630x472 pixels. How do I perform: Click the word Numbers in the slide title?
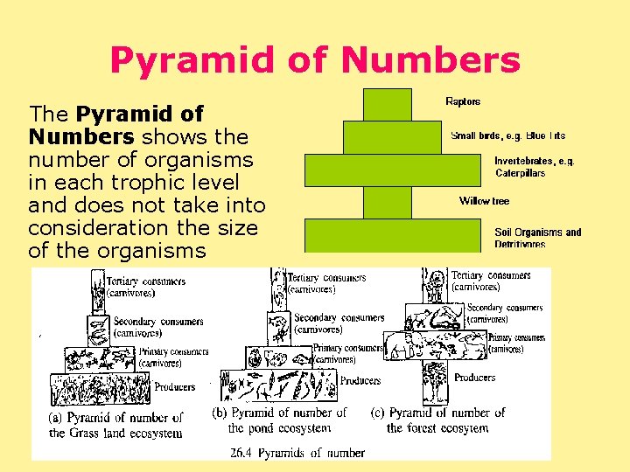430,60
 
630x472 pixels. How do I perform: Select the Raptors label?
463,101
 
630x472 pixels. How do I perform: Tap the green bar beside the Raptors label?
387,105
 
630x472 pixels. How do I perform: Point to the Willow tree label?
484,201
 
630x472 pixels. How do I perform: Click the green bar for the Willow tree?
387,203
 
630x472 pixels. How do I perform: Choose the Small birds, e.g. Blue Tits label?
507,135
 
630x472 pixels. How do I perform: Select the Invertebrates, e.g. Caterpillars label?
534,166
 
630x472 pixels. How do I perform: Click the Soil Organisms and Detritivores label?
537,238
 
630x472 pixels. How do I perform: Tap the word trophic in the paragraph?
154,183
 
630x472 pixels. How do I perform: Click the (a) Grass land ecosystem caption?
115,425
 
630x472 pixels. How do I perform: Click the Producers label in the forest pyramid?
474,378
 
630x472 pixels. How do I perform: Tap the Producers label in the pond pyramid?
360,380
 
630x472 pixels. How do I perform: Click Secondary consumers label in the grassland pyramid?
157,327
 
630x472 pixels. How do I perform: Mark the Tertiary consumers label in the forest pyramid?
490,281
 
